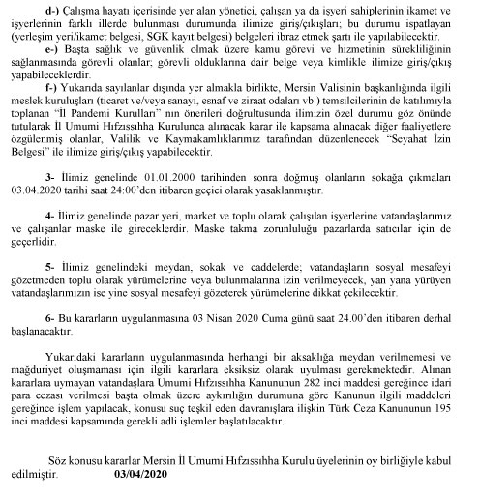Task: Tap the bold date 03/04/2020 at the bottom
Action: [x=141, y=476]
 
